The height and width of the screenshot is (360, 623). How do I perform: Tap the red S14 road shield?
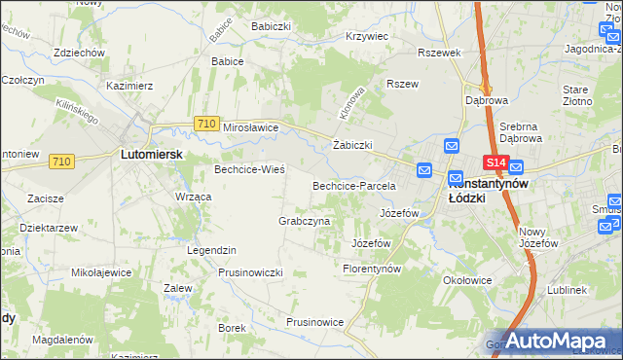click(495, 163)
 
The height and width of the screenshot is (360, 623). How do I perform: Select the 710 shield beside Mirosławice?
click(205, 124)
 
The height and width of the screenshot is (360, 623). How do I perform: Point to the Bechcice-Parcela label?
click(353, 185)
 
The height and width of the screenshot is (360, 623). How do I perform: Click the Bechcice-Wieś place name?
click(249, 169)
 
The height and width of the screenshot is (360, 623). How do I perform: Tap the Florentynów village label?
click(373, 268)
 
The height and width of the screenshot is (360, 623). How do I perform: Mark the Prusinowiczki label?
click(250, 272)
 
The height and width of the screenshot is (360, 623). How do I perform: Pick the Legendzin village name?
click(212, 250)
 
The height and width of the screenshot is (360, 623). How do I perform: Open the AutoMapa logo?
click(552, 341)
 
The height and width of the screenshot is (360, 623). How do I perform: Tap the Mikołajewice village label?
click(102, 272)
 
